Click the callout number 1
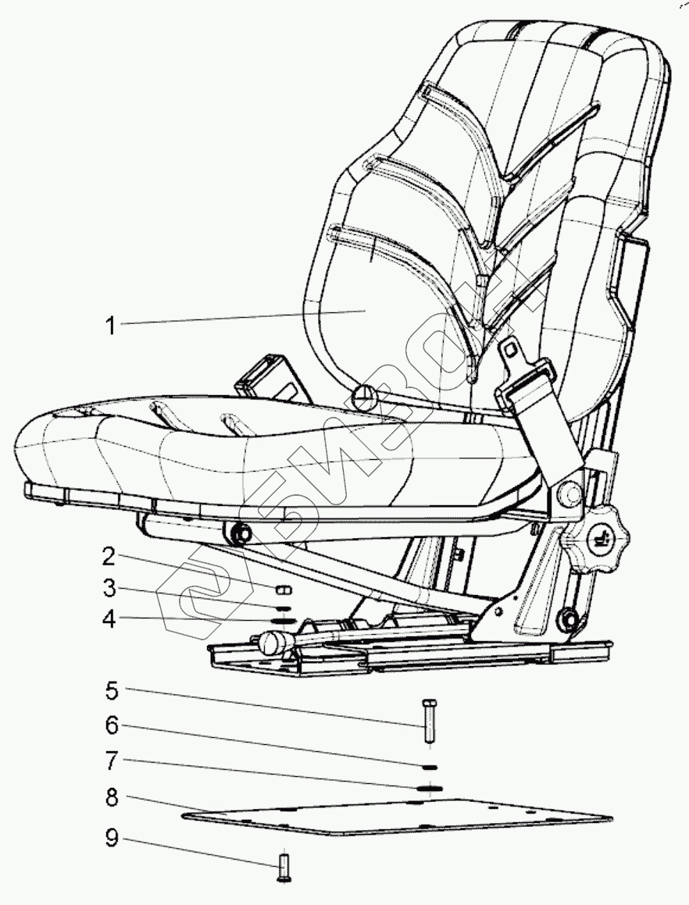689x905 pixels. (x=111, y=325)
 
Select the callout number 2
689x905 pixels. (x=109, y=557)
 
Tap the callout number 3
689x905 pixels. (x=109, y=588)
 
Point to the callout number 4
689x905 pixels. (x=109, y=619)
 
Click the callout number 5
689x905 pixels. (x=112, y=690)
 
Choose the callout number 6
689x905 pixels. (x=112, y=725)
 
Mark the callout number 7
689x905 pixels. (x=112, y=761)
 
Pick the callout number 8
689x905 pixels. (x=112, y=799)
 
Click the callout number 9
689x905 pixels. (x=112, y=839)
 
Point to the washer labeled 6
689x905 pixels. (x=427, y=767)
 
